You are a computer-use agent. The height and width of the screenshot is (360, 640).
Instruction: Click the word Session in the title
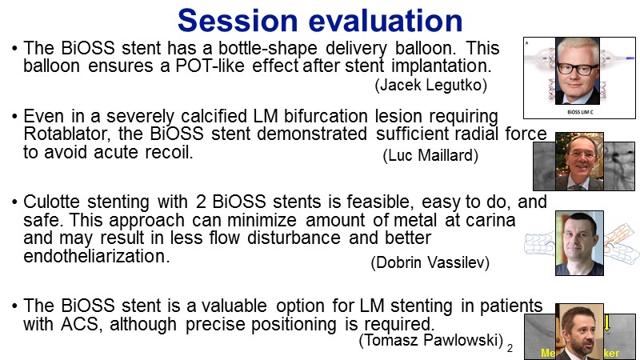click(238, 21)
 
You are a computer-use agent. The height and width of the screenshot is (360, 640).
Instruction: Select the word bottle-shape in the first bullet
click(268, 49)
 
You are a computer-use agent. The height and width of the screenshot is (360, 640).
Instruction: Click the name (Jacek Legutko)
click(430, 85)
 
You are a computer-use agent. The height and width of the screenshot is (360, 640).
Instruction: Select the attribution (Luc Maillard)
click(430, 155)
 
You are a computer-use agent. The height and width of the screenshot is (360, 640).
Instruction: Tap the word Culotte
click(51, 202)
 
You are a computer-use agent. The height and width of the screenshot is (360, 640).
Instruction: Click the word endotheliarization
click(96, 256)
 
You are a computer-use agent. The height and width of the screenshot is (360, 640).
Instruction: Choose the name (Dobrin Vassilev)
click(430, 262)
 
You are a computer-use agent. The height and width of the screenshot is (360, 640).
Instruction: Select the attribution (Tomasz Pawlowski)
click(430, 339)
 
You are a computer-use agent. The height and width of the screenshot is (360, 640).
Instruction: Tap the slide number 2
click(510, 349)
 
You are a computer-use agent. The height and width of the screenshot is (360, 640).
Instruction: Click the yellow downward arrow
click(607, 322)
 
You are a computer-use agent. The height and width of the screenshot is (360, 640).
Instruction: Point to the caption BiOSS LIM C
click(580, 112)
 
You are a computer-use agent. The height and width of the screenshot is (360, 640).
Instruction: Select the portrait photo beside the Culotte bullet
click(579, 243)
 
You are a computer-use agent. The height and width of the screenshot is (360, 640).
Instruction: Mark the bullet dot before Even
click(14, 117)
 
